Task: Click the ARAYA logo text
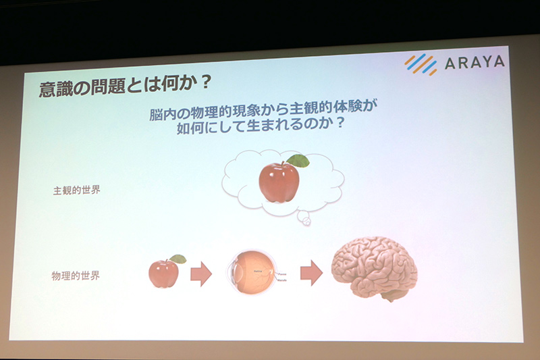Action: point(474,63)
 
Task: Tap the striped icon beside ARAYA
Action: point(421,63)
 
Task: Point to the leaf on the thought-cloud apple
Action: point(297,161)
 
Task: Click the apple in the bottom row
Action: point(163,273)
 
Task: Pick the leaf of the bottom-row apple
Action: point(178,259)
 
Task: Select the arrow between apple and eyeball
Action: point(200,274)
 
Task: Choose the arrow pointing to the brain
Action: point(310,272)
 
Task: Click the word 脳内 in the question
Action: point(162,113)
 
